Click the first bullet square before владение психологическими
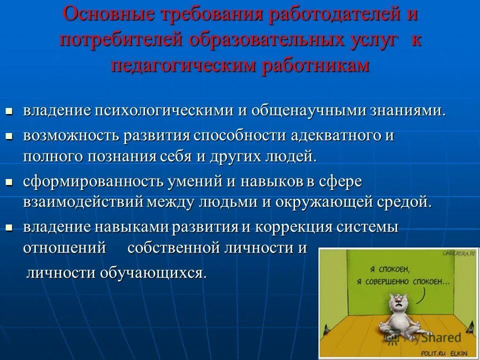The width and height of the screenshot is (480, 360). point(8,110)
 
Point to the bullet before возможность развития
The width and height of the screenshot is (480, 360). point(8,136)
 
